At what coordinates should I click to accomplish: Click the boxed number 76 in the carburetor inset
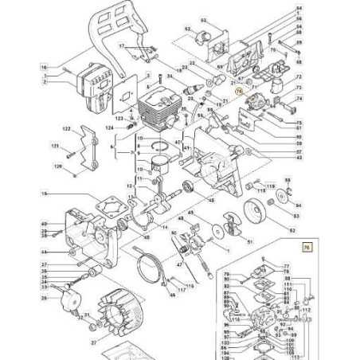coord(307,248)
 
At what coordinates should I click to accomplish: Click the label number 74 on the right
coord(299,100)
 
